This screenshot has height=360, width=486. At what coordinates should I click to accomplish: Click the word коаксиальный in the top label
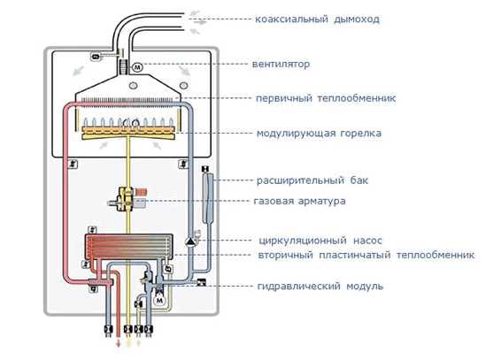coord(291,19)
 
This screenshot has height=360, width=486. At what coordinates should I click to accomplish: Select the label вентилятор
coord(281,65)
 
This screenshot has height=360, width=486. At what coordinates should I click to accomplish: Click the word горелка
coord(361,134)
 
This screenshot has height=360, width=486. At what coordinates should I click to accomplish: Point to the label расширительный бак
coord(312,180)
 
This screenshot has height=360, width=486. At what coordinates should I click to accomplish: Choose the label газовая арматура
coord(300,201)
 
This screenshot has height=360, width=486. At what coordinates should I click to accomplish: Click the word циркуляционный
coord(303,241)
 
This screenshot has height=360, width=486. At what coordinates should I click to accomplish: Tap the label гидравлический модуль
coord(320,286)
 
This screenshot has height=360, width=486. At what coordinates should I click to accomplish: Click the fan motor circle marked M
coord(137,67)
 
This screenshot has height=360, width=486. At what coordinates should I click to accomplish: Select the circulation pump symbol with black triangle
coord(189,241)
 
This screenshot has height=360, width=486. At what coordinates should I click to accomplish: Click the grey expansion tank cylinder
coord(207,198)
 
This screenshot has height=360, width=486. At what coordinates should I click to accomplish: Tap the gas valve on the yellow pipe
coord(126,199)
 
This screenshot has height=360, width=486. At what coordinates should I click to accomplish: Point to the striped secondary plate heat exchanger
coord(128,247)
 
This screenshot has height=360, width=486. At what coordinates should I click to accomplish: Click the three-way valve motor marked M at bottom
coord(159,300)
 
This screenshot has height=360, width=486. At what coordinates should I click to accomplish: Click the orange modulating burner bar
coord(128,133)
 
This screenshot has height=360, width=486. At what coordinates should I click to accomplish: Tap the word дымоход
coord(357,19)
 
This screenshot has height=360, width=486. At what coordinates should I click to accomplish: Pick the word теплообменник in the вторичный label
coord(436,256)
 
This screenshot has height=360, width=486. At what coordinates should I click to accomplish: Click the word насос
coord(367,241)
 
